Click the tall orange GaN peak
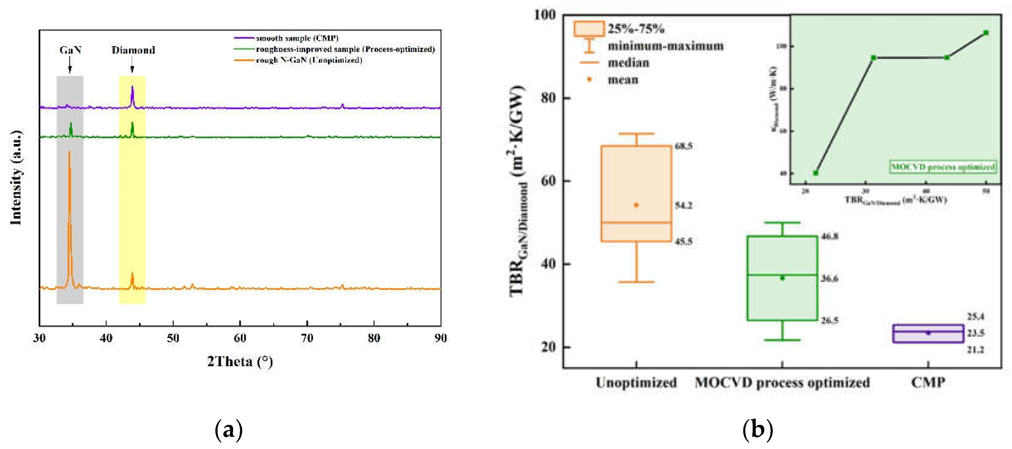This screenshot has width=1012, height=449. [70, 196]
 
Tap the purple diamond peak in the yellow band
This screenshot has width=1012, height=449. [132, 94]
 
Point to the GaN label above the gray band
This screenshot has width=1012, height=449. [70, 50]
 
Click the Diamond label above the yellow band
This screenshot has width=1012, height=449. [133, 50]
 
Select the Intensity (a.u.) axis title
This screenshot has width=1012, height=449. [16, 178]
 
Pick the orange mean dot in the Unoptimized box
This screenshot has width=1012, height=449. [636, 205]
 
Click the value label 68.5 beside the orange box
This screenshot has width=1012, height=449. [684, 146]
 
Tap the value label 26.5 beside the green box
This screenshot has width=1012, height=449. [829, 321]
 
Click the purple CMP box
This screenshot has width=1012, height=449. [928, 333]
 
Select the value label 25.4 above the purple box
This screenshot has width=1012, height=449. [975, 317]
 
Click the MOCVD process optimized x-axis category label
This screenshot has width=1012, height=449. [782, 382]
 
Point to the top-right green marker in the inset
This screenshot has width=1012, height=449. [986, 33]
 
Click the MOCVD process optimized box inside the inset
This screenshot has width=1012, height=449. [942, 167]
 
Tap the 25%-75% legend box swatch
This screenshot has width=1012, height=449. [589, 29]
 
